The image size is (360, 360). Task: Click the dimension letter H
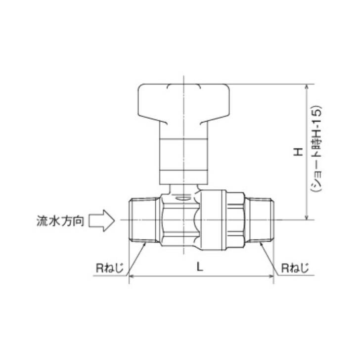pyautogui.click(x=298, y=152)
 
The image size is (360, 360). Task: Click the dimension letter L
pyautogui.click(x=199, y=267)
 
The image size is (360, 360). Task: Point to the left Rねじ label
pyautogui.click(x=109, y=269)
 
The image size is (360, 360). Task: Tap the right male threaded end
pyautogui.click(x=260, y=220)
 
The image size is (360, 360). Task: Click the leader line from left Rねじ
pyautogui.click(x=136, y=257)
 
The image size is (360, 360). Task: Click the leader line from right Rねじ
pyautogui.click(x=267, y=257)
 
